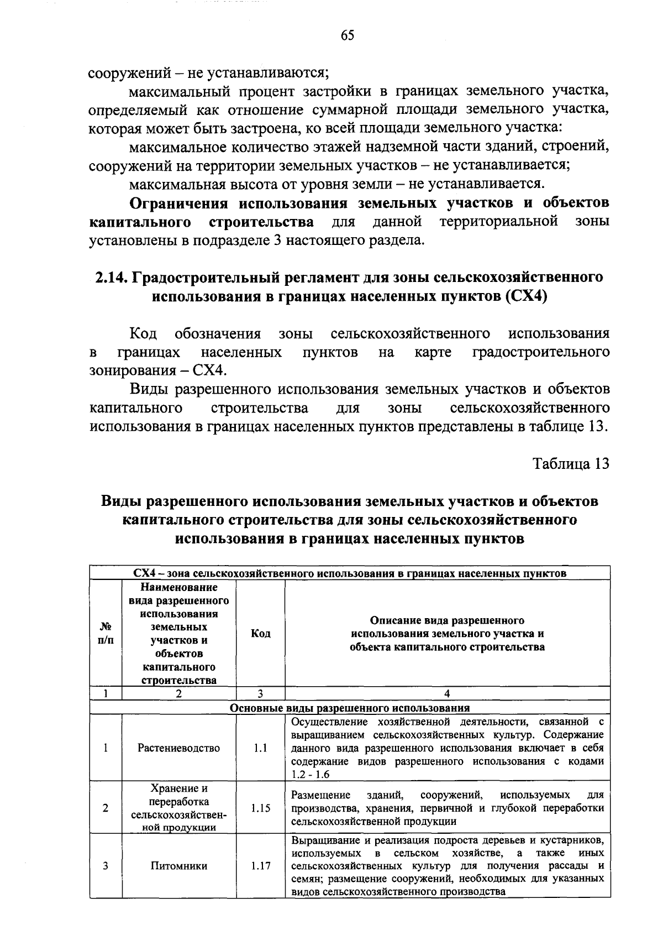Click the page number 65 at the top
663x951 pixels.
click(347, 35)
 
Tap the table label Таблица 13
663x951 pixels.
click(571, 463)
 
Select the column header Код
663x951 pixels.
click(260, 633)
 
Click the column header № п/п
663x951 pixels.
click(105, 633)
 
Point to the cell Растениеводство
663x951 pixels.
click(178, 748)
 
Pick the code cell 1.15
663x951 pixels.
click(260, 808)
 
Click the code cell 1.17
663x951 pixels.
click(260, 865)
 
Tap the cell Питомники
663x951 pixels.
click(178, 865)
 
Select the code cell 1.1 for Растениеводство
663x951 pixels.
click(260, 748)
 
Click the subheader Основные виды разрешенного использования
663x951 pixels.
click(349, 708)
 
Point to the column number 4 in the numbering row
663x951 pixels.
click(447, 693)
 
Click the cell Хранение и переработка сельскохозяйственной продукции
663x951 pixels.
click(178, 808)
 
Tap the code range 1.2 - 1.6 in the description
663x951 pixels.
click(310, 774)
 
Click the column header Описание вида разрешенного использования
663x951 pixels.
click(447, 633)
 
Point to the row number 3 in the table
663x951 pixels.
click(105, 865)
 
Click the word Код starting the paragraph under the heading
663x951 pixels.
click(143, 333)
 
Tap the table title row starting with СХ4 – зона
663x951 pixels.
click(349, 573)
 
